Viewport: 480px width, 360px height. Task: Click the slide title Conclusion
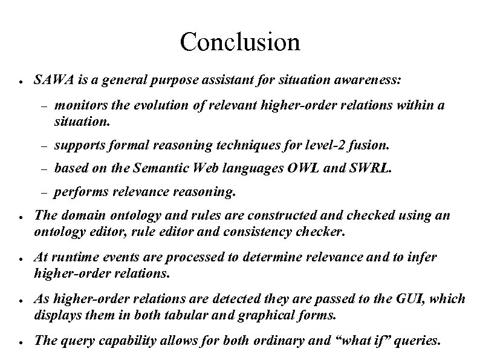(x=239, y=42)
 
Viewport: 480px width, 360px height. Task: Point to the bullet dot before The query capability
(x=21, y=341)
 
